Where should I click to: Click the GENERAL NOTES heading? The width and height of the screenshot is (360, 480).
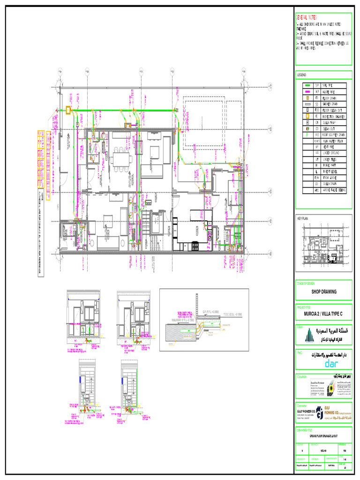(x=307, y=16)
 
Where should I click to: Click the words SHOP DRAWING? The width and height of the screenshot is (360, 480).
(x=323, y=292)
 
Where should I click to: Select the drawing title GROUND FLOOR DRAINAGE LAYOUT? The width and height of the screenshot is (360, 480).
(x=323, y=435)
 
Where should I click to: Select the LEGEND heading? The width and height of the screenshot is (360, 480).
(x=301, y=75)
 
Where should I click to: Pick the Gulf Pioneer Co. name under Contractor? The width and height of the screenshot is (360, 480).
(x=305, y=409)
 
